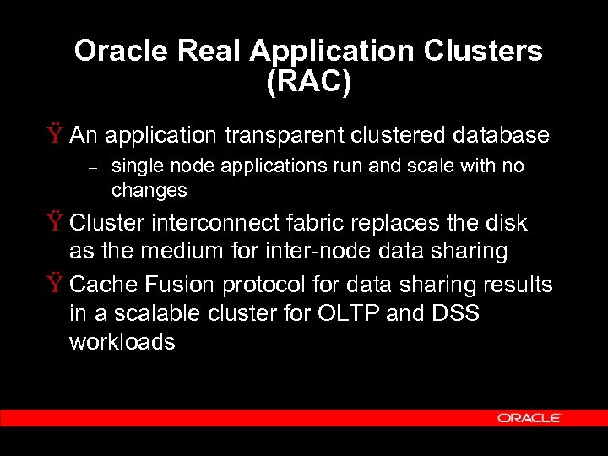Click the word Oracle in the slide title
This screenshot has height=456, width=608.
point(122,52)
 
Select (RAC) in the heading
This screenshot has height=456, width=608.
point(308,84)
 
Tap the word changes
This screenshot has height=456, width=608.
point(149,191)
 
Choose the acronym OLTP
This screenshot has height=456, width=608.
point(349,313)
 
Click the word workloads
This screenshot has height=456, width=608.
point(122,342)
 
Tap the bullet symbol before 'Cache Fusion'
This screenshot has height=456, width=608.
point(57,285)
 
